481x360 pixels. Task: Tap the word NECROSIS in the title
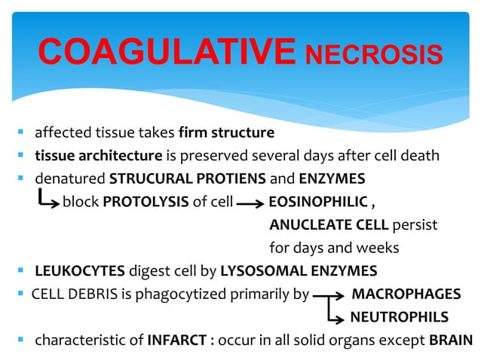pos(373,54)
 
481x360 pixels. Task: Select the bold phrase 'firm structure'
pos(226,134)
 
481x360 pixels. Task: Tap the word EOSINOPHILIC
pos(317,202)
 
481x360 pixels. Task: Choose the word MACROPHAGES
pos(406,293)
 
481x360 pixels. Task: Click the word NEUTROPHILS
pos(399,316)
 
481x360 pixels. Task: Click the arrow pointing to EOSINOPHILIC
pos(249,203)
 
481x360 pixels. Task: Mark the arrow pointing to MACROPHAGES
pos(329,294)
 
